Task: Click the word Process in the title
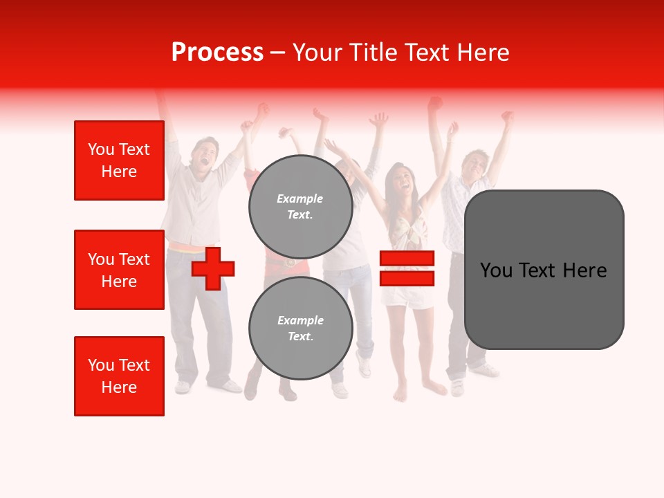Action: pyautogui.click(x=217, y=53)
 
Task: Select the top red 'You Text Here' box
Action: pyautogui.click(x=119, y=160)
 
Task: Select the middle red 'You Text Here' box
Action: pyautogui.click(x=119, y=270)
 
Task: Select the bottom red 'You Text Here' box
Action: pyautogui.click(x=119, y=376)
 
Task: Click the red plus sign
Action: pyautogui.click(x=213, y=268)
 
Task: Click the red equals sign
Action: pyautogui.click(x=407, y=268)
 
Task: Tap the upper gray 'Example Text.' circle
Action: pyautogui.click(x=300, y=206)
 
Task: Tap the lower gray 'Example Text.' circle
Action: pyautogui.click(x=300, y=328)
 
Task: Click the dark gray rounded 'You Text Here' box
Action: pyautogui.click(x=544, y=270)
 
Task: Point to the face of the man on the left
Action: pyautogui.click(x=205, y=154)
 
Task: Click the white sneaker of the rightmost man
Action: pyautogui.click(x=486, y=371)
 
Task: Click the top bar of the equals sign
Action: pyautogui.click(x=407, y=258)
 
